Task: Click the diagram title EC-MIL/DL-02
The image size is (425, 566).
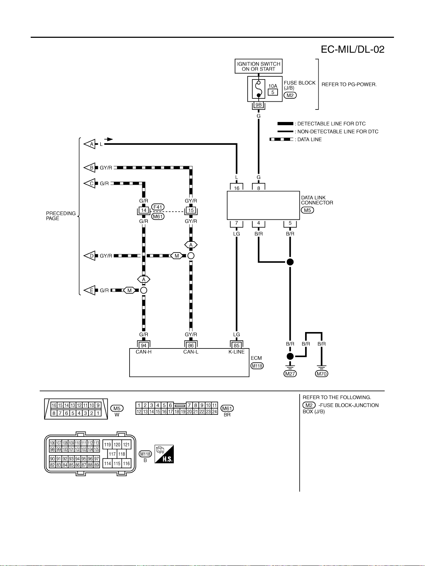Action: pos(352,49)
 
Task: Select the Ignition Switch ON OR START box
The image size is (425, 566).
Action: pos(258,66)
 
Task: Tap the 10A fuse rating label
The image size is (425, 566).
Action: pos(273,86)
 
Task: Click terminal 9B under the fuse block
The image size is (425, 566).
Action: pos(258,105)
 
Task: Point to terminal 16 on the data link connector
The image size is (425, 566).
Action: pos(237,188)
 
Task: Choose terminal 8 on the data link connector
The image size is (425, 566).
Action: pos(258,188)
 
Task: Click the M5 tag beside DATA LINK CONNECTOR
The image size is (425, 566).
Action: pos(307,210)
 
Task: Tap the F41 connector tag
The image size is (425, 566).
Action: pos(158,207)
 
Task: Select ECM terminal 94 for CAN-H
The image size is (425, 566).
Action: pos(144,346)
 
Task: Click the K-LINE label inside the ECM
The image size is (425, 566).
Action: pos(237,352)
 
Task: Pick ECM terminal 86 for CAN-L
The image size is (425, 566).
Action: pos(191,346)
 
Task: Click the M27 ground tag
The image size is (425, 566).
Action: pos(290,374)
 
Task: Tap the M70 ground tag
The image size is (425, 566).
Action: pos(322,374)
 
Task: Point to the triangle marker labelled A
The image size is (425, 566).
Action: pos(90,144)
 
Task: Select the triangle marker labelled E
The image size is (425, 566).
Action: pos(90,290)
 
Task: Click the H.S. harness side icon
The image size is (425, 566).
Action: pos(164,454)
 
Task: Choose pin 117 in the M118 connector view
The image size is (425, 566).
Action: pos(112,454)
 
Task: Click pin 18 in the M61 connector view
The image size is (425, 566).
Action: pos(177,412)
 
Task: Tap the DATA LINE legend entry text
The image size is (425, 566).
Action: pos(309,139)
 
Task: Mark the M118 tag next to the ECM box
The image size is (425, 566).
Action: pos(257,366)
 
